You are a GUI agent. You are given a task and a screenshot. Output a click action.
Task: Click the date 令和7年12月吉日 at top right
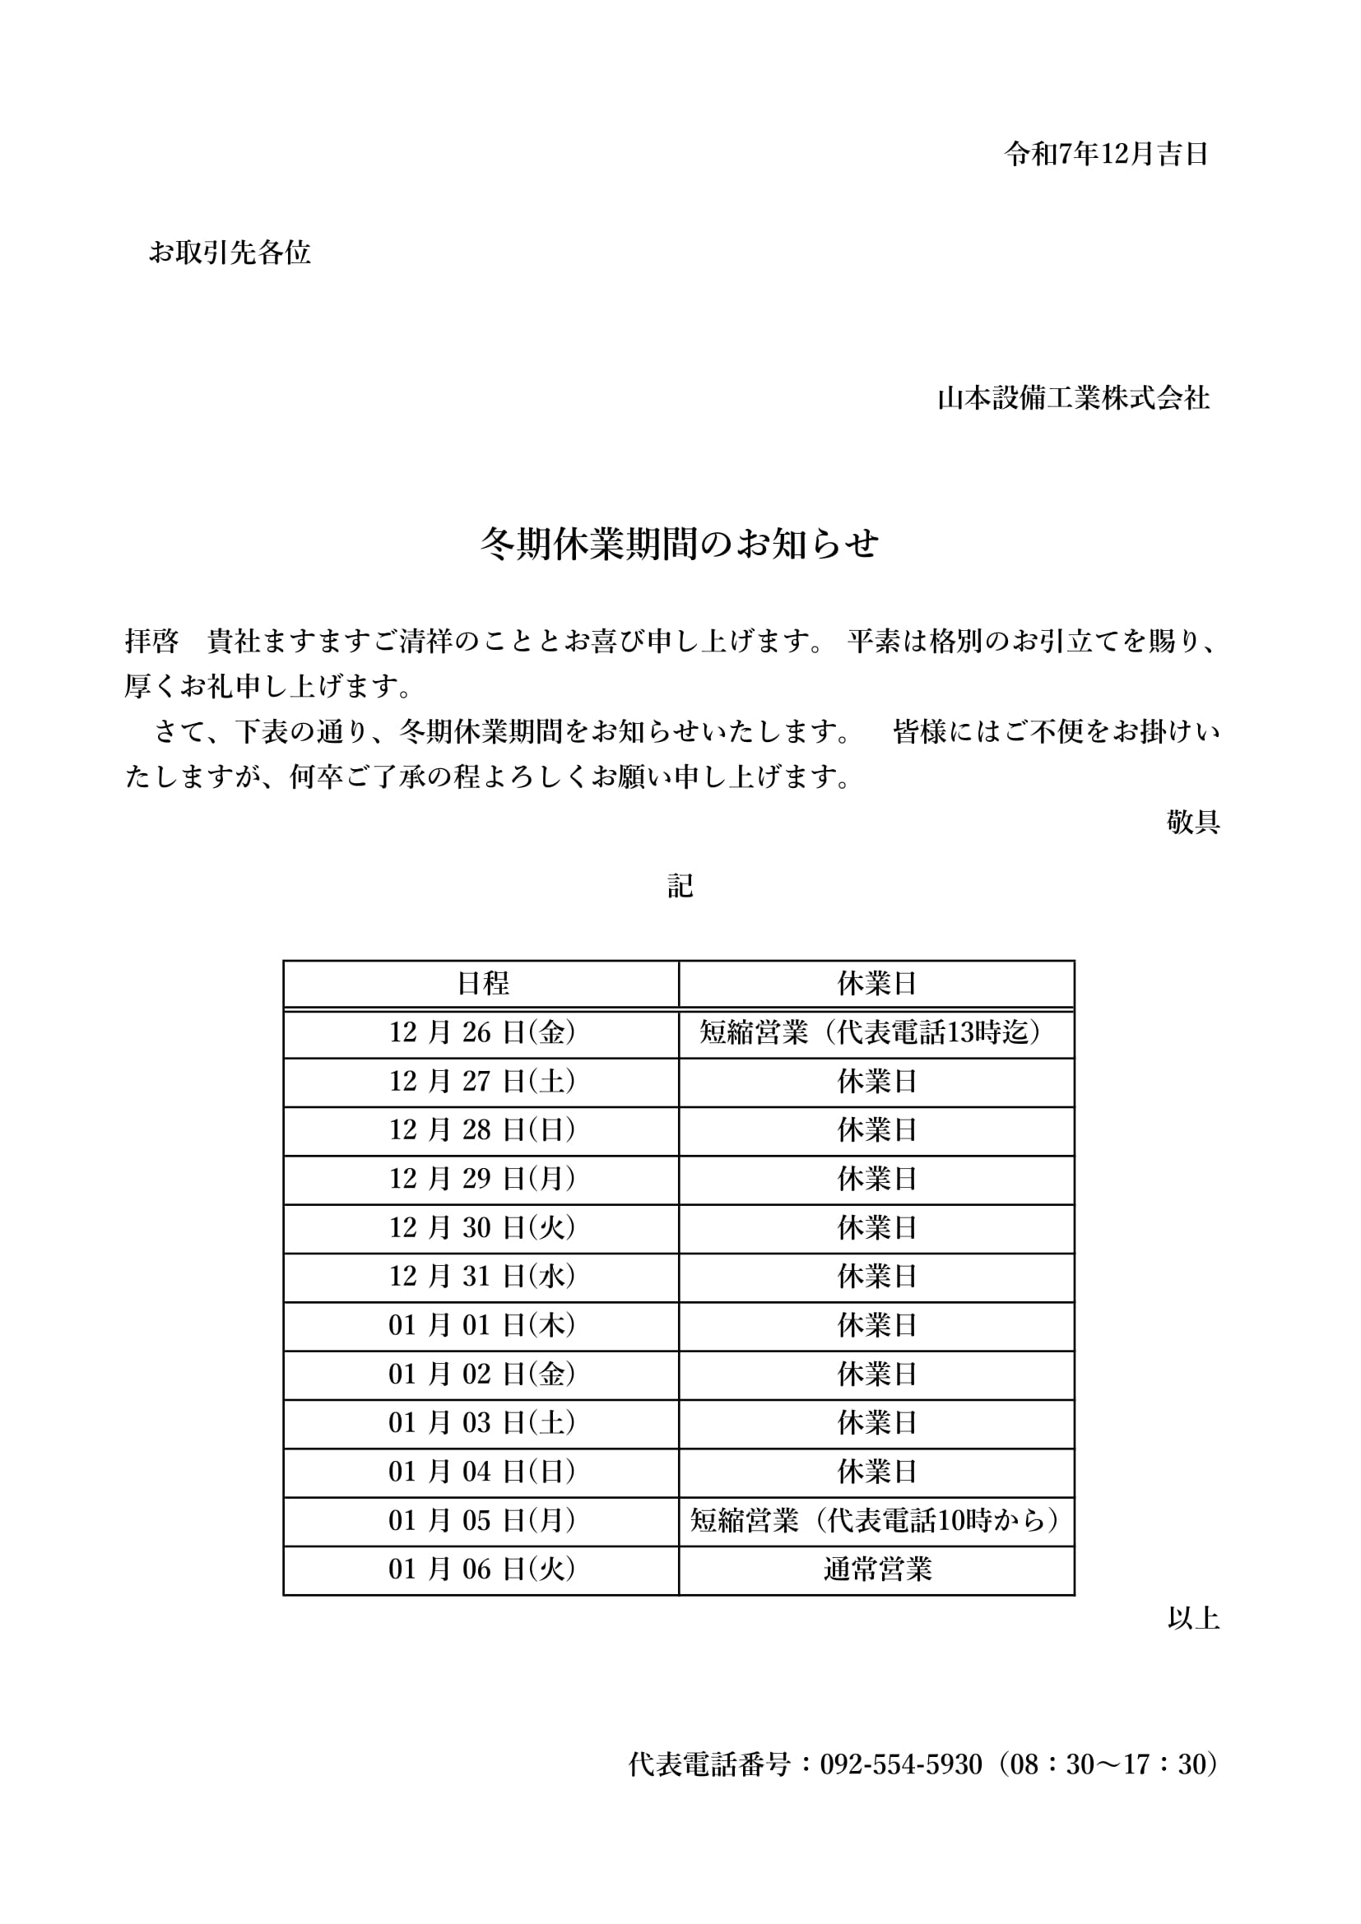tap(1105, 154)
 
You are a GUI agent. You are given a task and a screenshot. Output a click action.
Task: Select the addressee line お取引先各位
tap(230, 253)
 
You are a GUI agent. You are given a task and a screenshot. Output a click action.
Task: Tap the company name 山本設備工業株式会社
tap(1073, 398)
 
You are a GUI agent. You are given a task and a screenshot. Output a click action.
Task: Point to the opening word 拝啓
tap(151, 642)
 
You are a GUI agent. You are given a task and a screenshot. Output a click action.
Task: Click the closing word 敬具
tap(1192, 822)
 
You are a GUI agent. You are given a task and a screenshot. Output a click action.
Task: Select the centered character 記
tap(680, 886)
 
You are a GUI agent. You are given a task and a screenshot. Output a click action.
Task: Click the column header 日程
tap(482, 984)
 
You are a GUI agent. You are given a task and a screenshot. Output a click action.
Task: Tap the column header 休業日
tap(876, 984)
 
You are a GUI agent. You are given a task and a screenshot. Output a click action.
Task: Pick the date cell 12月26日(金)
tap(482, 1032)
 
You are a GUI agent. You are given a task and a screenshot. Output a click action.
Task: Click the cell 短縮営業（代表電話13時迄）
tap(876, 1032)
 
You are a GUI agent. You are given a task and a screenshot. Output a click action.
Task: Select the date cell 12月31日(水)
tap(482, 1277)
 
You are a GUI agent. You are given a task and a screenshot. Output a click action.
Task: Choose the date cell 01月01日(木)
tap(482, 1325)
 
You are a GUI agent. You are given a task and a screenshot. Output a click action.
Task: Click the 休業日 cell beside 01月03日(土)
tap(876, 1423)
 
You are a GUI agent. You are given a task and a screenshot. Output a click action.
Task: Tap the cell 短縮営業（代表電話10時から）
tap(876, 1520)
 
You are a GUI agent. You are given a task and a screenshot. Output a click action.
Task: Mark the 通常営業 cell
tap(876, 1569)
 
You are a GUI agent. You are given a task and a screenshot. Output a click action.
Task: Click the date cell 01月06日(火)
tap(482, 1569)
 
